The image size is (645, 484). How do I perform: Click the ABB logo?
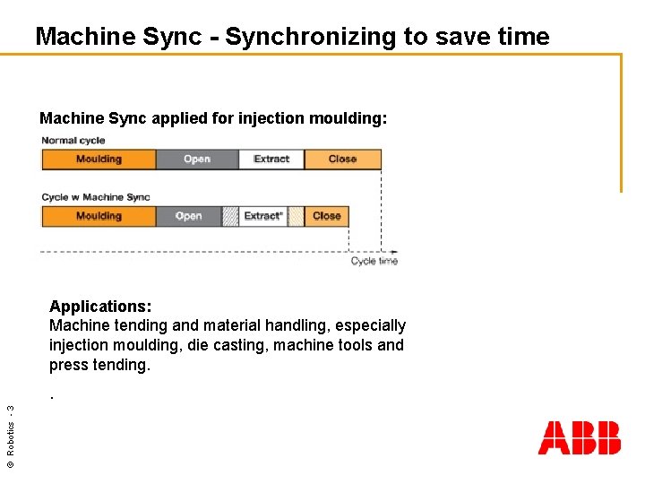click(x=579, y=438)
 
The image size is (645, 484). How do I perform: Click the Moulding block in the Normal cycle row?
click(x=99, y=160)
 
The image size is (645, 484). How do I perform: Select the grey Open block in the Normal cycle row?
click(x=196, y=160)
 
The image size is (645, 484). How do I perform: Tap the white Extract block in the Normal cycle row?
click(x=271, y=160)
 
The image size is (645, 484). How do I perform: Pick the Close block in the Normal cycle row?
click(x=342, y=160)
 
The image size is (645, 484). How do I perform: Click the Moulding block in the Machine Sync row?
click(x=99, y=216)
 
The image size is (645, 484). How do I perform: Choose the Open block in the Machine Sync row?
click(x=188, y=216)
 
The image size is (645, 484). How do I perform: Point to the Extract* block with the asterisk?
click(x=263, y=216)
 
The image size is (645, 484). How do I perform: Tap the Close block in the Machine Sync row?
click(x=327, y=216)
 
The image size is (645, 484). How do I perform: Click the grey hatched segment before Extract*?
click(x=230, y=216)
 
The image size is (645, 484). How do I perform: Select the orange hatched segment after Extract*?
click(x=297, y=216)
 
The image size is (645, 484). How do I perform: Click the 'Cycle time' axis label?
click(x=374, y=262)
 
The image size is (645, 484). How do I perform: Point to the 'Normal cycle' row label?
click(x=73, y=141)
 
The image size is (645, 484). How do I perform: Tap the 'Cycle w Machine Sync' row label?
click(x=96, y=197)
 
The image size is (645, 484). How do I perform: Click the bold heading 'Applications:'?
click(x=100, y=306)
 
